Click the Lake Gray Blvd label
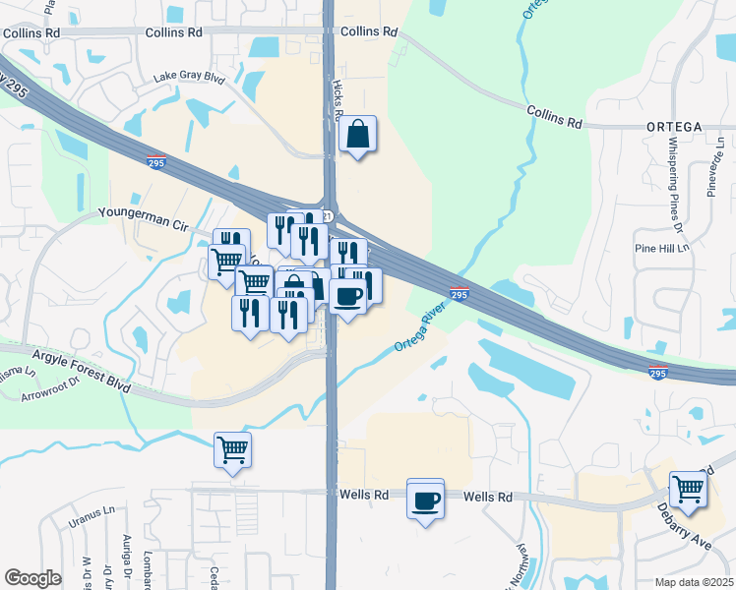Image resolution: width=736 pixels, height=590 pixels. coord(190,78)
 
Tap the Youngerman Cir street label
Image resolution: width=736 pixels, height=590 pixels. coord(143,213)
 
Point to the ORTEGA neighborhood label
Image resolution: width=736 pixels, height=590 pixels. coord(674,128)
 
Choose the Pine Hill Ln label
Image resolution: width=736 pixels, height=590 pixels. coord(663,248)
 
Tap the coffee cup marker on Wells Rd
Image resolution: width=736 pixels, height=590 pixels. coord(425,501)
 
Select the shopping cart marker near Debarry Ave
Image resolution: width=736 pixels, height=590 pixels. coord(688,488)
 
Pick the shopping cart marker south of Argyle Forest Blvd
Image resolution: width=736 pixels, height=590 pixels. coord(233,450)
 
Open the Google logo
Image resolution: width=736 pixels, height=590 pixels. coord(32,578)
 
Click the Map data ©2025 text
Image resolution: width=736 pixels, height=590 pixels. coord(693,582)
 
